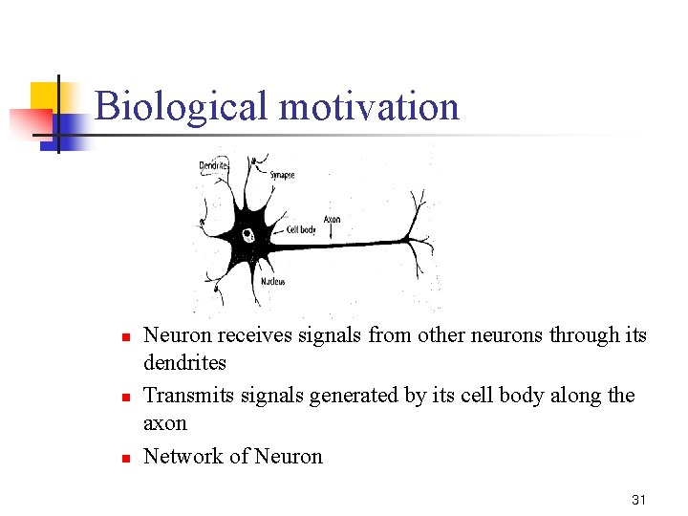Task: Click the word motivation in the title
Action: point(369,106)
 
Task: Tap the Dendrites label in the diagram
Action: point(214,165)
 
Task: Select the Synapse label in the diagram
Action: point(282,175)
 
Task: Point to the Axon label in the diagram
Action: point(332,220)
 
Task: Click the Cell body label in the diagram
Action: point(301,230)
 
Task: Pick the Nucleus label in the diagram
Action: point(272,282)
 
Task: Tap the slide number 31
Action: point(639,500)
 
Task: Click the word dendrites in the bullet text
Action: point(184,363)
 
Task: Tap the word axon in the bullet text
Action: point(164,423)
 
